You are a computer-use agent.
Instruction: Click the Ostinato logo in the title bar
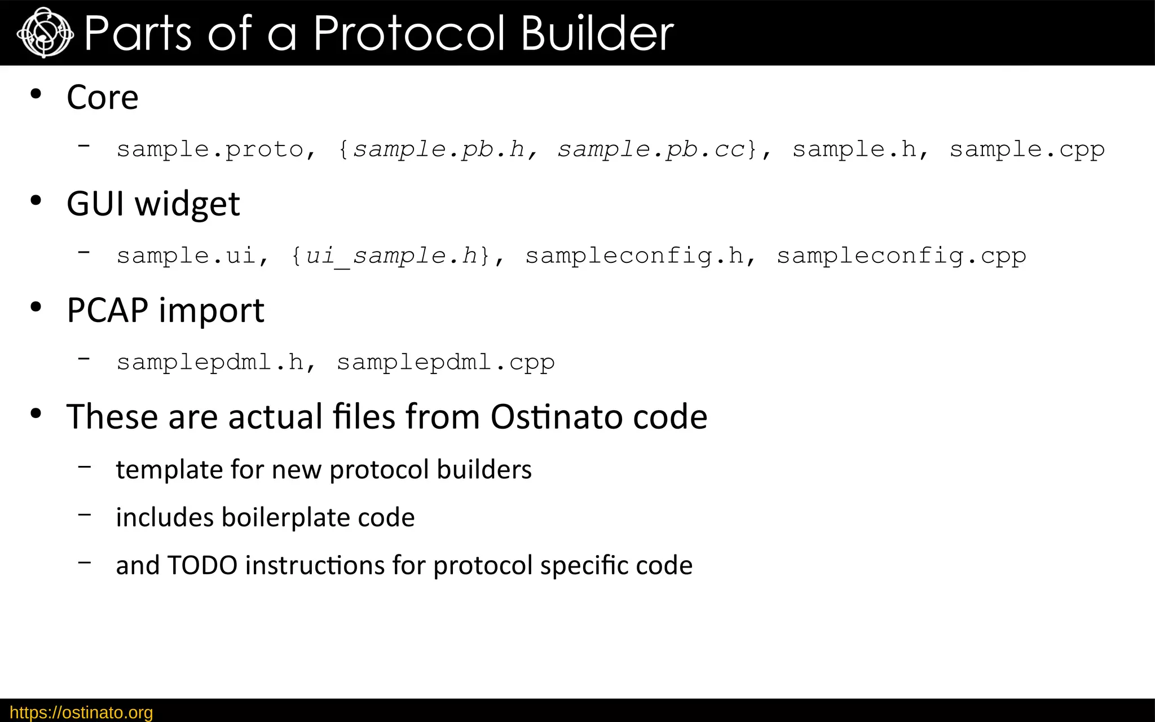45,33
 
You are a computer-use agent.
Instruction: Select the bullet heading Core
102,98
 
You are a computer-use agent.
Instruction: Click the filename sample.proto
210,149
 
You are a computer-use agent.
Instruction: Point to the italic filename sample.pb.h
439,149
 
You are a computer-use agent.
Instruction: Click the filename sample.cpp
1026,149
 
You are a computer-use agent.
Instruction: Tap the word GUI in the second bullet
95,204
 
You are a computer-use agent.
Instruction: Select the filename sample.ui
186,256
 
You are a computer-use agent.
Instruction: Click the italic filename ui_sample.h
391,256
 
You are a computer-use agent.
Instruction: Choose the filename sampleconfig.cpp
901,256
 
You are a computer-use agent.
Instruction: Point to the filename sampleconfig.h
634,256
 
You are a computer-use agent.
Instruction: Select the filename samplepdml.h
210,362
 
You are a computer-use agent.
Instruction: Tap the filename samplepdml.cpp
446,362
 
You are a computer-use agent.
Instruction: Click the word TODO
202,565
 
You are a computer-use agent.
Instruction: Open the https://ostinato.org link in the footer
81,712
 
